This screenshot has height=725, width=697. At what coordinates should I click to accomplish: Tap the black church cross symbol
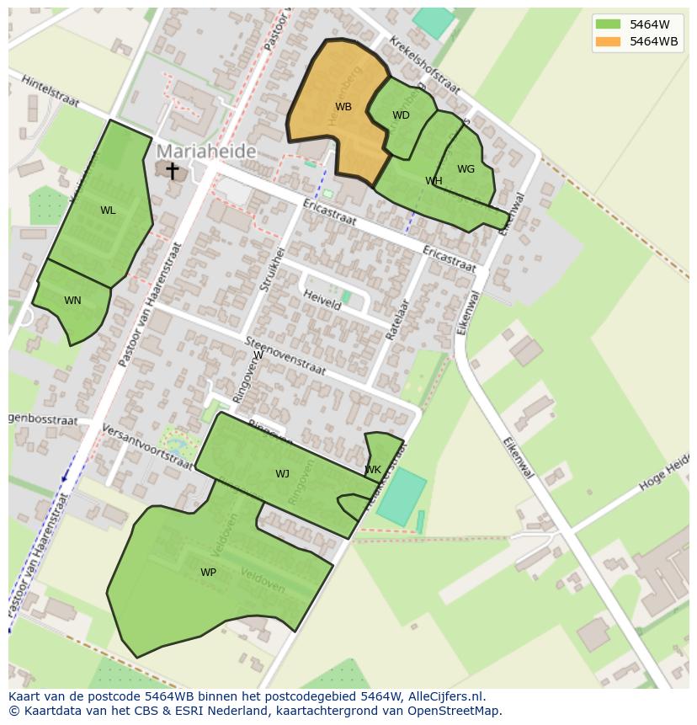172,171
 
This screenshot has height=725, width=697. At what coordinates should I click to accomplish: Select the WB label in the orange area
343,107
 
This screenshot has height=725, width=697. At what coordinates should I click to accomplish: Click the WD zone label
401,115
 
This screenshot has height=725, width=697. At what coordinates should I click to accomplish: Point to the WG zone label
466,169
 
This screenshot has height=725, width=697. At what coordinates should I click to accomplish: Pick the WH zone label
434,181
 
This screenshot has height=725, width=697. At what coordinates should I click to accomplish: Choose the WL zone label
108,211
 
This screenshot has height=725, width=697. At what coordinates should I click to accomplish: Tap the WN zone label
72,301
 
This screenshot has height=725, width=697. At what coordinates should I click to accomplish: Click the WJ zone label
282,474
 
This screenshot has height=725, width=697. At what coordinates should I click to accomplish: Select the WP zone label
208,573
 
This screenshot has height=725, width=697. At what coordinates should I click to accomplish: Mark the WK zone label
373,470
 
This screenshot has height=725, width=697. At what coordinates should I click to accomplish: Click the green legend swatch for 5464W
607,24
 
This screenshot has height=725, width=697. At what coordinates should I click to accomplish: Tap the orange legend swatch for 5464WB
607,41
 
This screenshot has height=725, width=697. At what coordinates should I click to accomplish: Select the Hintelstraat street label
50,91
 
